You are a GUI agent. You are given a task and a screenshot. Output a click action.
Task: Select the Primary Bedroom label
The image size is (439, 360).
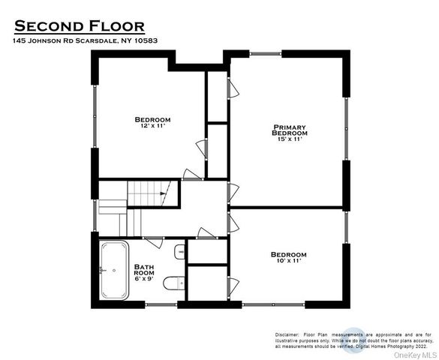[290, 130]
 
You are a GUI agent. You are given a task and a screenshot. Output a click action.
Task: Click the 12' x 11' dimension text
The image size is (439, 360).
[152, 127]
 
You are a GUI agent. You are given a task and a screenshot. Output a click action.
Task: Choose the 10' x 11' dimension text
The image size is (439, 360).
[288, 262]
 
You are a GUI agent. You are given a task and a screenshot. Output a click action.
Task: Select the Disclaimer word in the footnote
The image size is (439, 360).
[286, 333]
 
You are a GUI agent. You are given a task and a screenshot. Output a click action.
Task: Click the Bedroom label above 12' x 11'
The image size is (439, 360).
[152, 119]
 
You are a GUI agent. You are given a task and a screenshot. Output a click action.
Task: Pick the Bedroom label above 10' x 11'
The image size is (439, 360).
[288, 254]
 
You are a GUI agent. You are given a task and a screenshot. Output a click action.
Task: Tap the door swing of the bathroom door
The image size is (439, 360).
[153, 241]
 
